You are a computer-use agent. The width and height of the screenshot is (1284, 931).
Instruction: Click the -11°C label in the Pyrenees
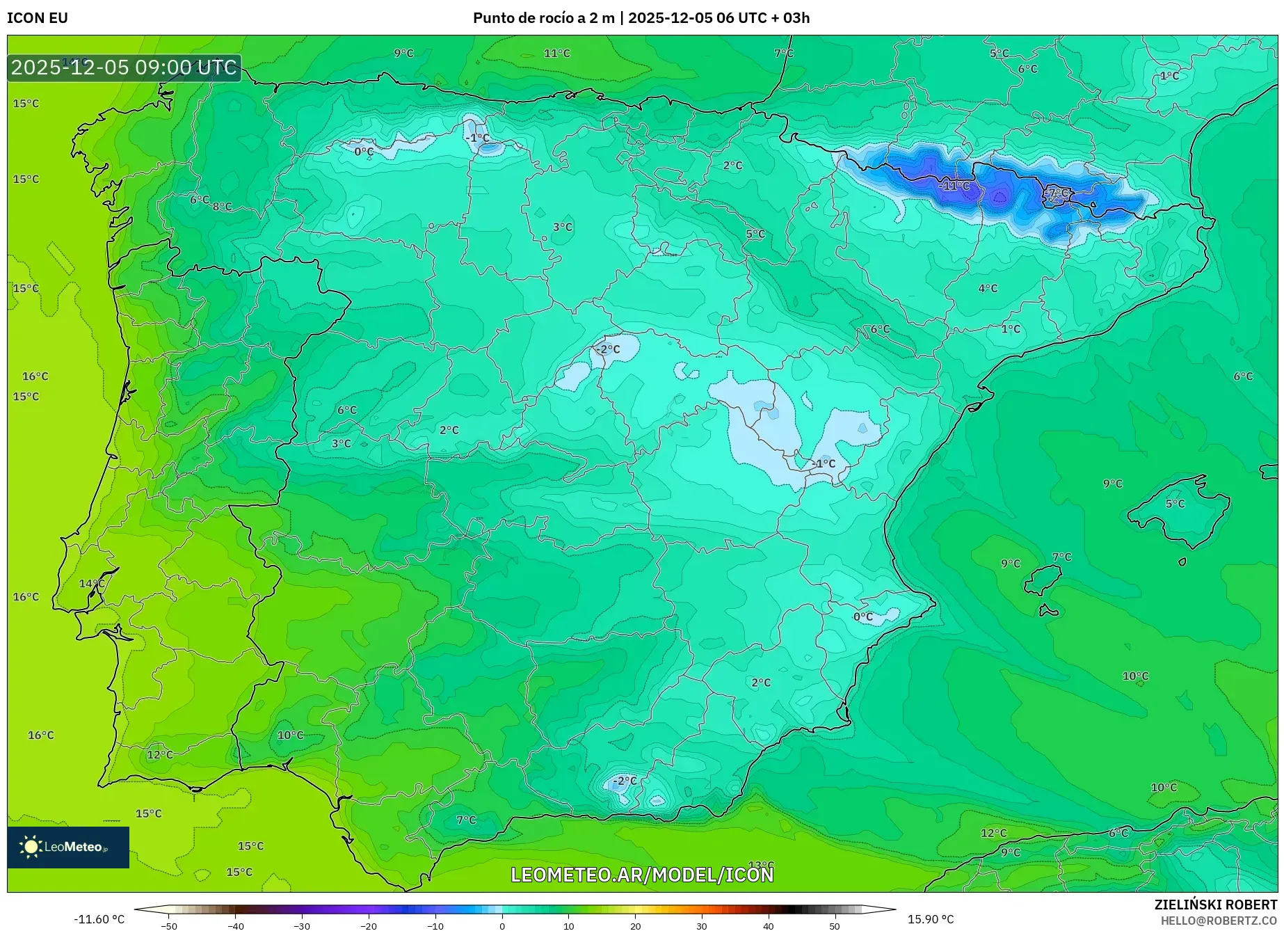click(x=954, y=186)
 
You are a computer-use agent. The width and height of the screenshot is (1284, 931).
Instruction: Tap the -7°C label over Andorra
click(x=1057, y=193)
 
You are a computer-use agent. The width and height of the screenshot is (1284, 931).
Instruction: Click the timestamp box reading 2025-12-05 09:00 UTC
click(x=124, y=67)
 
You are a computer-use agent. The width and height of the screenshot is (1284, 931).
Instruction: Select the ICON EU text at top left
click(x=38, y=18)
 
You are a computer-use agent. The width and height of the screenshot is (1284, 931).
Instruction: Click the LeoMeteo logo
click(x=67, y=847)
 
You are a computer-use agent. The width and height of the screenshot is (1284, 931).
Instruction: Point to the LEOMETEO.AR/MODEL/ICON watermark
click(x=641, y=875)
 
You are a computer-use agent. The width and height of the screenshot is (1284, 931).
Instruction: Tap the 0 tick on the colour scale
click(x=502, y=926)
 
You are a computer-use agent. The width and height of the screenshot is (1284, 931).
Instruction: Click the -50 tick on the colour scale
click(x=169, y=926)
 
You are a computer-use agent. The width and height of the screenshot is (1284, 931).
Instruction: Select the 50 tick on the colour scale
click(x=834, y=926)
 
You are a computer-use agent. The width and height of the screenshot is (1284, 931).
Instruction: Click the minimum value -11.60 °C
click(x=99, y=919)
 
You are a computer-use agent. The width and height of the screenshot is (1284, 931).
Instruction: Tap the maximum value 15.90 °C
click(x=930, y=919)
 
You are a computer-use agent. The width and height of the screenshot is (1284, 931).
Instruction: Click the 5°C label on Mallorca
click(x=1175, y=504)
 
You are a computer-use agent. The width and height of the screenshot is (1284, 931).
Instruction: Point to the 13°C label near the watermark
click(x=761, y=865)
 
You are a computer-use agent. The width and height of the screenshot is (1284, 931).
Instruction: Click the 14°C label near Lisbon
click(x=91, y=584)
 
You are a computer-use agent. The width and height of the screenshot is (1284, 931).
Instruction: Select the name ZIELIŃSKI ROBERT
click(x=1215, y=905)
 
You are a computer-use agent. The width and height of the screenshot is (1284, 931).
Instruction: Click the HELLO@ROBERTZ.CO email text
click(x=1218, y=921)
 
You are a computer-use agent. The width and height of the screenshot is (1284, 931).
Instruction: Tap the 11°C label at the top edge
click(x=556, y=54)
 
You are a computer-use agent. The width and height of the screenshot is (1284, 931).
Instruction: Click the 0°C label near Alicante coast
click(x=862, y=616)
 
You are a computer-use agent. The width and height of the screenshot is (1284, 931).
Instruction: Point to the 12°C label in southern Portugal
click(x=159, y=755)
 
